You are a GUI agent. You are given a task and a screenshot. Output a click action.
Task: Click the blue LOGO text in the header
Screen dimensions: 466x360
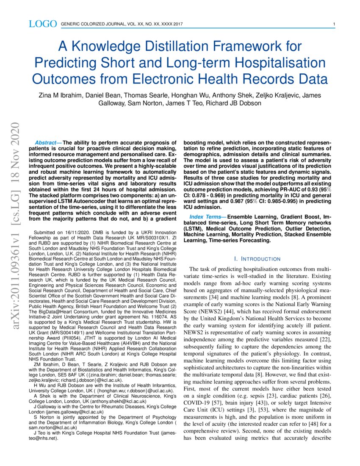pyautogui.click(x=42, y=24)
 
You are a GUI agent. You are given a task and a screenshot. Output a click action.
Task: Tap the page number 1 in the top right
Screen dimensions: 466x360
pyautogui.click(x=334, y=24)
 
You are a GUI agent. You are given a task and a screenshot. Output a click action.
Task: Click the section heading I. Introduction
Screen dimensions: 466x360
pyautogui.click(x=257, y=259)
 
